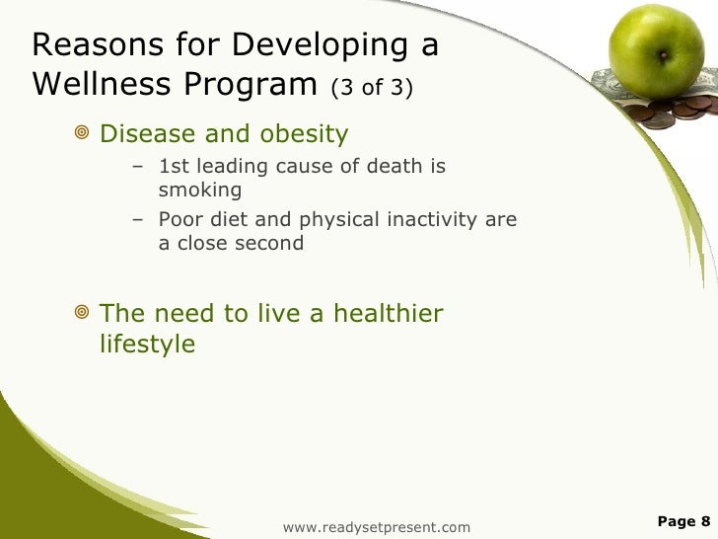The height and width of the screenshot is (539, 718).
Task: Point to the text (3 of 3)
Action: pos(372,89)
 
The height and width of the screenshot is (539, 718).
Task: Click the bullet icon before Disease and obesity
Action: pos(82,132)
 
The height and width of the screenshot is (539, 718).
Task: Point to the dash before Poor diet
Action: pos(138,219)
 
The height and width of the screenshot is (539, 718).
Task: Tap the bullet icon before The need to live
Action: pos(82,314)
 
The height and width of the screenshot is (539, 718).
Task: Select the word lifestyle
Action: pos(147,345)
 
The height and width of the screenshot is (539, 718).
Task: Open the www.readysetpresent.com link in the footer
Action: pos(376,527)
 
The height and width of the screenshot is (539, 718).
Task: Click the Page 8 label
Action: pos(682,521)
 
